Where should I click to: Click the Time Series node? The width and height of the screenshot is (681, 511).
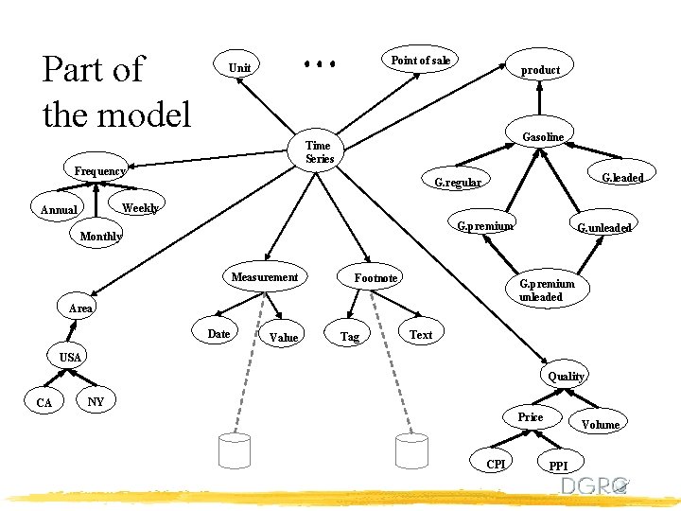tap(320, 151)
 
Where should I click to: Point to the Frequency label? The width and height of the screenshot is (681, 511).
tap(99, 170)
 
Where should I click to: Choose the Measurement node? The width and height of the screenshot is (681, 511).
tap(265, 276)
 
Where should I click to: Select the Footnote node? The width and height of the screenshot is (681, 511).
tap(375, 277)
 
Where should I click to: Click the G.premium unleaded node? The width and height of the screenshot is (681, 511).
tap(547, 290)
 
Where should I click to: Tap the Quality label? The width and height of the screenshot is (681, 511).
tap(567, 376)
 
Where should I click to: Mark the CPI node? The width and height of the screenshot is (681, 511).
tap(496, 463)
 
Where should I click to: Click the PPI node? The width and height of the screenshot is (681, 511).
tap(558, 466)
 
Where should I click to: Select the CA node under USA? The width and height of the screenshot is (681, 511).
tap(44, 402)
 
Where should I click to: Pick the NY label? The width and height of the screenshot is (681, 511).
tap(96, 401)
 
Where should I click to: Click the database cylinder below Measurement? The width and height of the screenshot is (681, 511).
tap(234, 451)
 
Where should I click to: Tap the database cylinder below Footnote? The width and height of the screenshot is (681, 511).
tap(412, 451)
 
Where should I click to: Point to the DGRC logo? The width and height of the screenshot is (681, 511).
tap(595, 485)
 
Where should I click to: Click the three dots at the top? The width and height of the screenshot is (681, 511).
tap(320, 64)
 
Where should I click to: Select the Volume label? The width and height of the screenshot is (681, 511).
tap(600, 424)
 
